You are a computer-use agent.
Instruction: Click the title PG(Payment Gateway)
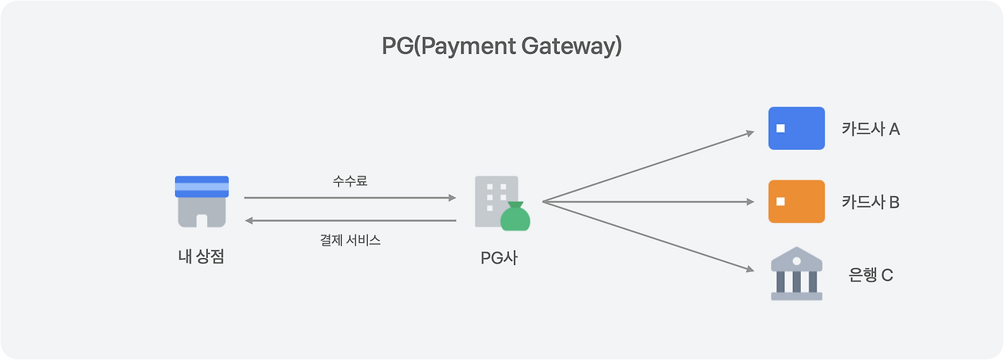pyautogui.click(x=502, y=46)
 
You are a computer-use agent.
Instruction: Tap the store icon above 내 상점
pyautogui.click(x=202, y=202)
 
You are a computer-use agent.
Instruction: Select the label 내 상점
pyautogui.click(x=202, y=256)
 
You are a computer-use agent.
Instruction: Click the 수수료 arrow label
pyautogui.click(x=350, y=181)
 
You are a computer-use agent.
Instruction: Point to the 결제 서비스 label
pyautogui.click(x=350, y=240)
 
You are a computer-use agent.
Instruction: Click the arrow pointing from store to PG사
pyautogui.click(x=350, y=198)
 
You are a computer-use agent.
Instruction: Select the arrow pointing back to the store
pyautogui.click(x=350, y=221)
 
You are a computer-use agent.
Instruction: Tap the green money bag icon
pyautogui.click(x=516, y=217)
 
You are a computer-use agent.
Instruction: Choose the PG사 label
pyautogui.click(x=499, y=256)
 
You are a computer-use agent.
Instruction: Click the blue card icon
pyautogui.click(x=796, y=128)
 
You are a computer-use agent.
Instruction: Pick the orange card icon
pyautogui.click(x=796, y=202)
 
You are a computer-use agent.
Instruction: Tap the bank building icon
pyautogui.click(x=796, y=274)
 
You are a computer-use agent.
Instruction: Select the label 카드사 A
pyautogui.click(x=871, y=129)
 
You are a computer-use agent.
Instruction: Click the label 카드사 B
pyautogui.click(x=871, y=202)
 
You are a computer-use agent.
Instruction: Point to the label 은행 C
pyautogui.click(x=871, y=275)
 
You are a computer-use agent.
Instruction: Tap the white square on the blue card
pyautogui.click(x=780, y=128)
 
